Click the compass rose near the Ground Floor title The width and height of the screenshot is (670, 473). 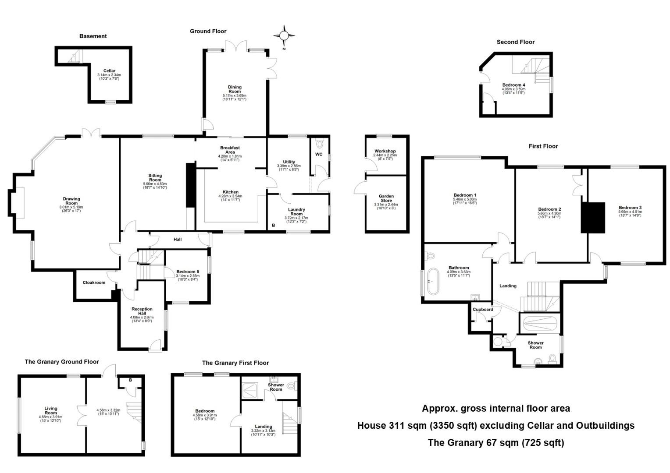coord(284,35)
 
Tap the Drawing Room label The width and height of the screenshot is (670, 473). coord(71,201)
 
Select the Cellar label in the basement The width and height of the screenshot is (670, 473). coord(109,71)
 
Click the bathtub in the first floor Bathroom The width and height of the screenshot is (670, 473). coord(434,281)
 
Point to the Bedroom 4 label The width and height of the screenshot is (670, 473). coord(513,85)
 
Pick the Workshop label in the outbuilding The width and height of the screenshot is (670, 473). coord(385,151)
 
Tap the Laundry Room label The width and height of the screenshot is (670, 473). coord(296,212)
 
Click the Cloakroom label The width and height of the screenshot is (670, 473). coord(94,282)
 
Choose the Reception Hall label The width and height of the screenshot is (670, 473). coord(142,311)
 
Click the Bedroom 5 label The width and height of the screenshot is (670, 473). coord(188,272)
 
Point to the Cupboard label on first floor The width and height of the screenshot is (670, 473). coord(483,309)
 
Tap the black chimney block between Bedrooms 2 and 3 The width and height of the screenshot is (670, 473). coord(593,217)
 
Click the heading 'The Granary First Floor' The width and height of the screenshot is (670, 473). coord(235,363)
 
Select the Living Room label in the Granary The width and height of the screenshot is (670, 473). coord(51,410)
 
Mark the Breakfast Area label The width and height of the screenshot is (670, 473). coord(230,150)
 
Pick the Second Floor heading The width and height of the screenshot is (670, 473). coord(515,42)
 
